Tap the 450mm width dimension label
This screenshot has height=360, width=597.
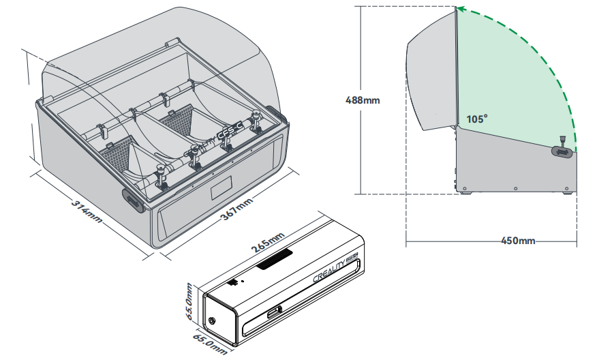coord(518,241)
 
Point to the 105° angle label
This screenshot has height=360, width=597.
coord(477,119)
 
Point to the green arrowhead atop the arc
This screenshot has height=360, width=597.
coord(461,10)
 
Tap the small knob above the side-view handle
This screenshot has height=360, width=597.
coord(563,140)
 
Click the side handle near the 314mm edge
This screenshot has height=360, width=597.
coord(132,200)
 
